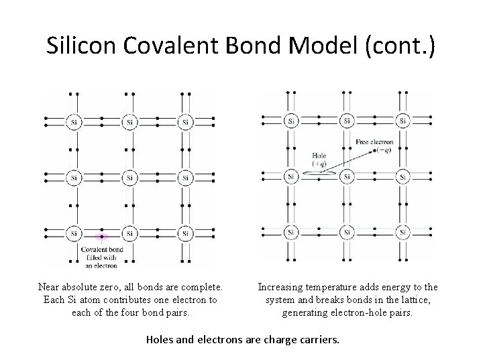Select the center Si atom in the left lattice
129,178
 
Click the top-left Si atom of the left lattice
74,122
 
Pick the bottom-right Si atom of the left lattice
185,233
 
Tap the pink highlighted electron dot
101,237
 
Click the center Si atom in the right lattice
346,177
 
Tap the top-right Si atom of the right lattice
402,121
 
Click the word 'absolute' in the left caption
83,287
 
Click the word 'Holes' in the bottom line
160,339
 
